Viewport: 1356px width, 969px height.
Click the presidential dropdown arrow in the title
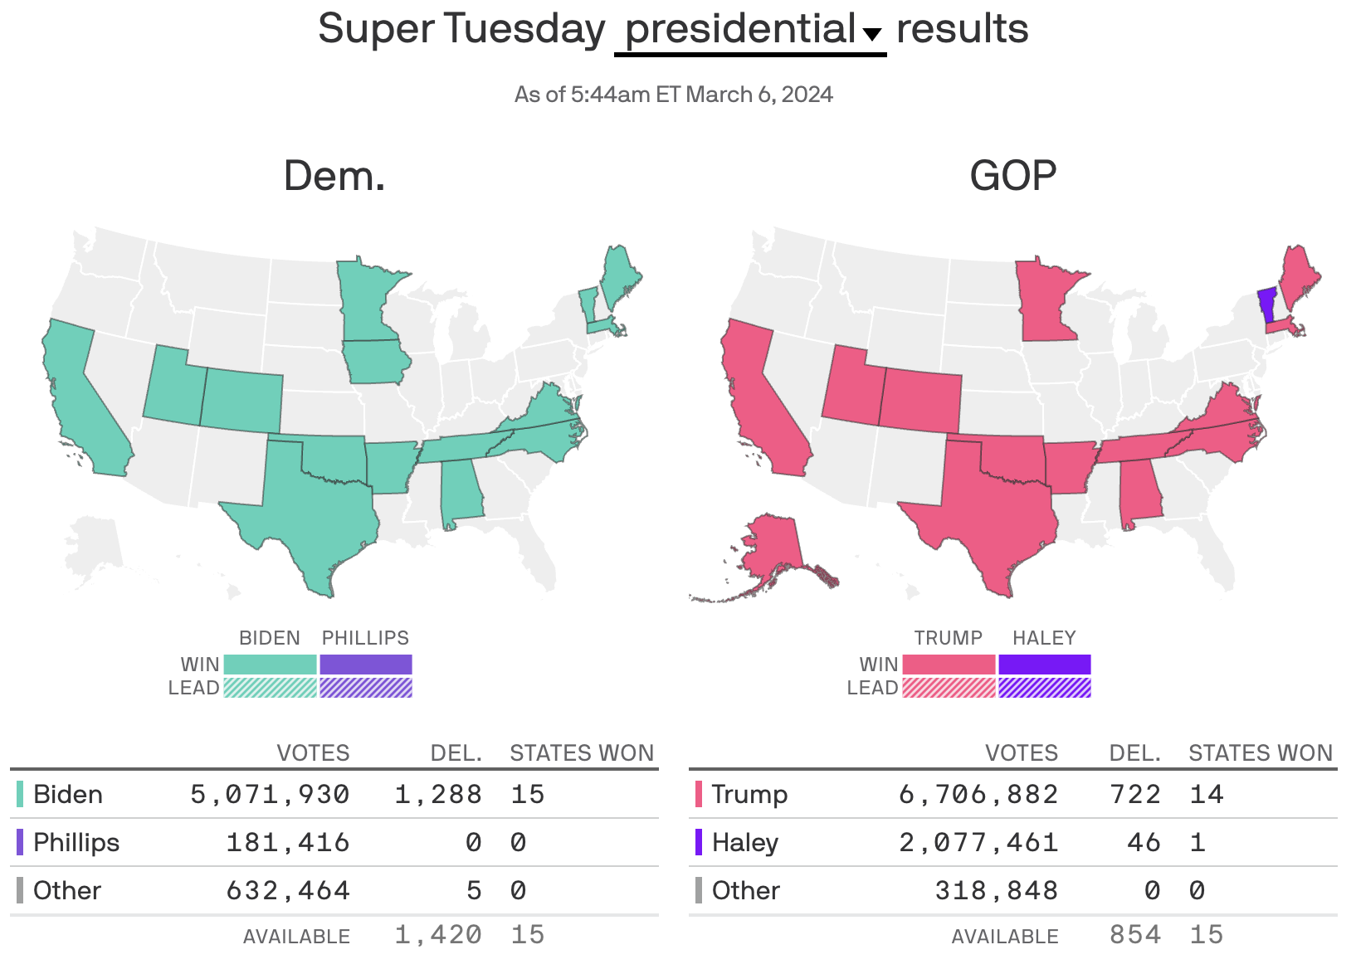[x=871, y=35]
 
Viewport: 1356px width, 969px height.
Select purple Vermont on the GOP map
[x=1266, y=304]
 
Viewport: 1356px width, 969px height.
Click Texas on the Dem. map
[x=315, y=506]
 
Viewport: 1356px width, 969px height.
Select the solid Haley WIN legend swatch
[x=1044, y=665]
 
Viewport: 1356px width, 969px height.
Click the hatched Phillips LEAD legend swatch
[x=366, y=688]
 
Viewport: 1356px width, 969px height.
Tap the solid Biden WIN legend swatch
[x=271, y=665]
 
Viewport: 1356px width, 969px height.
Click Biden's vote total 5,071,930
[x=271, y=795]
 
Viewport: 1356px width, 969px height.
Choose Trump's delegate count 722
[x=1135, y=795]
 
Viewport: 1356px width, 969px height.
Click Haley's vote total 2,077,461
[x=978, y=843]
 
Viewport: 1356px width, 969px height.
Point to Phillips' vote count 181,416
[x=288, y=843]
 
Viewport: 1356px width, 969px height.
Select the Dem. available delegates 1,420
[x=438, y=935]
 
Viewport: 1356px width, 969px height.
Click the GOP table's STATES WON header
[x=1260, y=753]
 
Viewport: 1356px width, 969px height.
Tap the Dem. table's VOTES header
[x=313, y=753]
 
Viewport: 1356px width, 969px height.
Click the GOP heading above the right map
[x=1012, y=176]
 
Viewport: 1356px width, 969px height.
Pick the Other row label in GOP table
[x=745, y=891]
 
